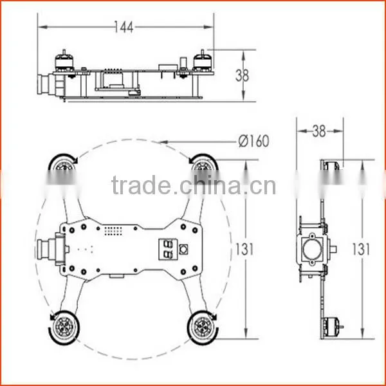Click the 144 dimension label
point(124,27)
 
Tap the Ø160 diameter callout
point(254,141)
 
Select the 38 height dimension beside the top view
point(243,75)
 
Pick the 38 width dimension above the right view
point(319,131)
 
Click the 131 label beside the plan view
point(244,249)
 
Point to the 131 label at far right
point(361,249)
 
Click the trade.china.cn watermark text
point(194,185)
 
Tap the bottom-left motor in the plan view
point(64,327)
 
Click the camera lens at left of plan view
point(42,249)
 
